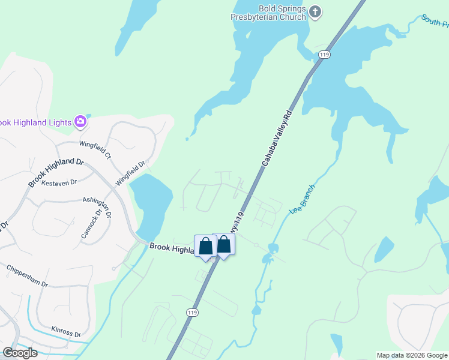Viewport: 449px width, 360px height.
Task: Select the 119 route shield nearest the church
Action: (x=325, y=55)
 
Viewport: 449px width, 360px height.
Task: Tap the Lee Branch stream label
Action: (x=302, y=199)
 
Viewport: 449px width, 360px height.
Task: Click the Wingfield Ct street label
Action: (x=95, y=149)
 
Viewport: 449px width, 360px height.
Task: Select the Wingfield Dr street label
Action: (x=131, y=172)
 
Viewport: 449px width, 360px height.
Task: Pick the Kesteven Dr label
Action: (x=62, y=182)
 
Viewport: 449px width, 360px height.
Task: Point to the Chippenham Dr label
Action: (x=27, y=276)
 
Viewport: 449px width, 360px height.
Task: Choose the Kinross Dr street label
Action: (x=65, y=331)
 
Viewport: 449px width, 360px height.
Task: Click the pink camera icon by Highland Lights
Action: (x=80, y=122)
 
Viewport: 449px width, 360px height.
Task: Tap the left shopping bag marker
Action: (x=205, y=247)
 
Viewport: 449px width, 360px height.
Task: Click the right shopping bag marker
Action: (x=223, y=244)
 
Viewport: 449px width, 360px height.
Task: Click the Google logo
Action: (x=19, y=353)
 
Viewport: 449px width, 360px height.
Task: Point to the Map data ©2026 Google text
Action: (x=412, y=355)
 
